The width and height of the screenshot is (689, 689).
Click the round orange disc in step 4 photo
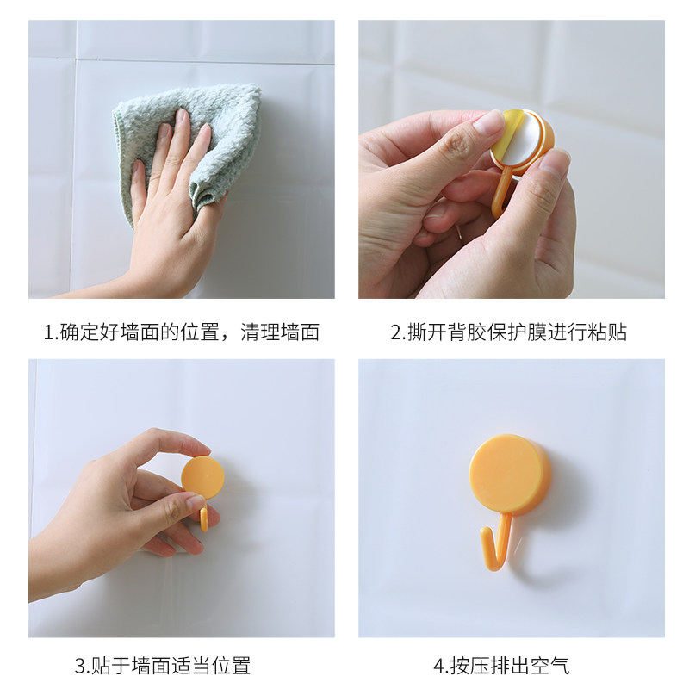[510, 475]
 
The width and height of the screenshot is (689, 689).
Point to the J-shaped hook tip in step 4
[485, 534]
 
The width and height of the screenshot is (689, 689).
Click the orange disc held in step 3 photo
[203, 477]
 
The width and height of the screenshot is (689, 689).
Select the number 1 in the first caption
[48, 332]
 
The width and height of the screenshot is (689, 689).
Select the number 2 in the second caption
[396, 332]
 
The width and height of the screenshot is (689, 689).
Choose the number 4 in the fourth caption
[439, 666]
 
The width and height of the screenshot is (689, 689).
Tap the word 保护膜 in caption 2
[518, 332]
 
